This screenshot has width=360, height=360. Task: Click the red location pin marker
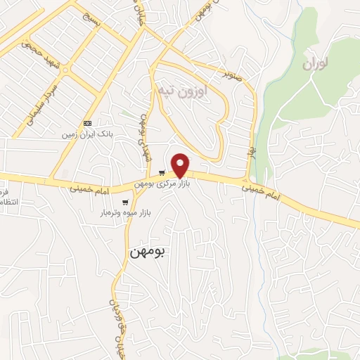point(181,165)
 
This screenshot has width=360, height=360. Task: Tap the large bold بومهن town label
point(149,252)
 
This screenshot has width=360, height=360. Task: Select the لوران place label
point(315,64)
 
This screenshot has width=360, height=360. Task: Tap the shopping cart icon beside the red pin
point(162,173)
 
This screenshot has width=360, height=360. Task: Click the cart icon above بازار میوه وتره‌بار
point(125,202)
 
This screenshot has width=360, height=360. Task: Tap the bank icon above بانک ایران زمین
point(87,122)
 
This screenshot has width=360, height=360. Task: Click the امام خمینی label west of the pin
point(91,188)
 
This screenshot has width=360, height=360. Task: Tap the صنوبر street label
point(233,72)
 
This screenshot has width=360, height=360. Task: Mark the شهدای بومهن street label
point(145,138)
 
